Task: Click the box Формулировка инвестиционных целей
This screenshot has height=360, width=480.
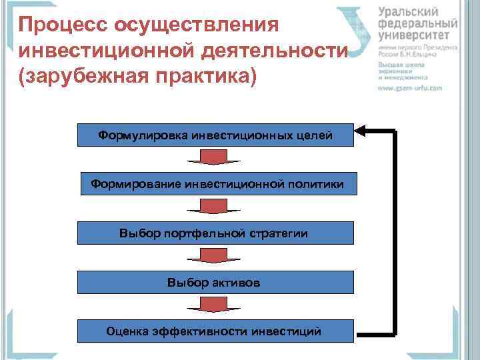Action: coord(215,136)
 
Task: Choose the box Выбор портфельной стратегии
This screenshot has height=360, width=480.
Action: coord(215,233)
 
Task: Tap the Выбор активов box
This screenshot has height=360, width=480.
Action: coord(215,283)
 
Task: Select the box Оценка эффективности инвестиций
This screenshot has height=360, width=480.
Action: coord(215,331)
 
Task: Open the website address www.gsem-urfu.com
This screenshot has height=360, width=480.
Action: coord(411,87)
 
